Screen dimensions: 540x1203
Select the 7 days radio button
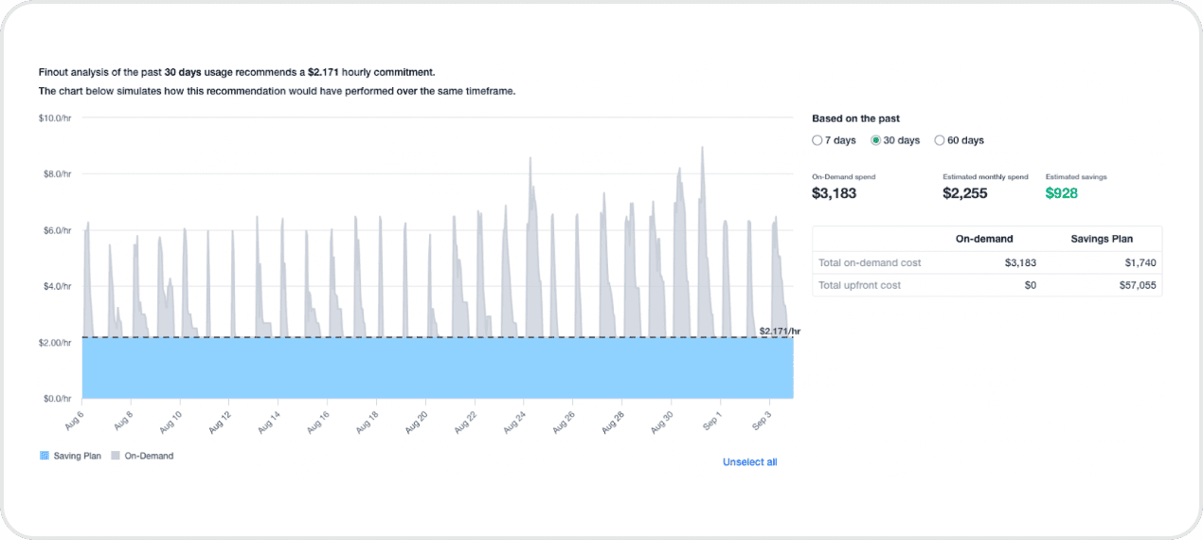pyautogui.click(x=817, y=140)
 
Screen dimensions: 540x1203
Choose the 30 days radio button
pyautogui.click(x=876, y=140)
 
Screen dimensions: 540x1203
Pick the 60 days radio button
pyautogui.click(x=940, y=140)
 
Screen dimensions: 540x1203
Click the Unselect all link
pyautogui.click(x=749, y=462)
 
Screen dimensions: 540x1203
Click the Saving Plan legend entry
pyautogui.click(x=71, y=456)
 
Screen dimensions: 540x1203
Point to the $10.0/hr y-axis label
pyautogui.click(x=55, y=118)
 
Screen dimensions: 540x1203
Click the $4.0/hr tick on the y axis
pyautogui.click(x=55, y=286)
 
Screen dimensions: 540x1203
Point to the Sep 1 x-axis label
pyautogui.click(x=712, y=420)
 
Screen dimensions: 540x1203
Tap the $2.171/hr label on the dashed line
pyautogui.click(x=780, y=331)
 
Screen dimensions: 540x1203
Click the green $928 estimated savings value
pyautogui.click(x=1061, y=193)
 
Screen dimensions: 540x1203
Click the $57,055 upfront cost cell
pyautogui.click(x=1136, y=285)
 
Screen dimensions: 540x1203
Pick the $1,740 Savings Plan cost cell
pyautogui.click(x=1140, y=262)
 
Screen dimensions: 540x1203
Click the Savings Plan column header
pyautogui.click(x=1102, y=239)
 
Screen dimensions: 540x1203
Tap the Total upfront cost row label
pyautogui.click(x=859, y=285)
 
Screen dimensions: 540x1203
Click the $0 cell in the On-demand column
pyautogui.click(x=1030, y=285)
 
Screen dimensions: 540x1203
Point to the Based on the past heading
pyautogui.click(x=855, y=118)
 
